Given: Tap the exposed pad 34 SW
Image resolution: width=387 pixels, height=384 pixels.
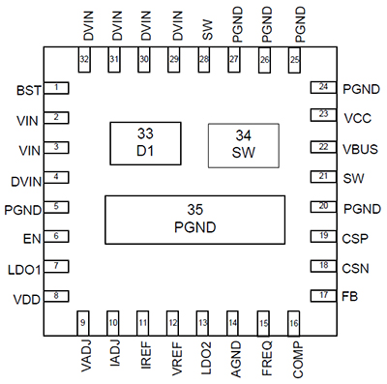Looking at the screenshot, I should pyautogui.click(x=245, y=143).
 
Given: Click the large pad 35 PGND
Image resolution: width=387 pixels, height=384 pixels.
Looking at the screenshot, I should pyautogui.click(x=194, y=220).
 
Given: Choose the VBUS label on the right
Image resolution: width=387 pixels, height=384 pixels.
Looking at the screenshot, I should pyautogui.click(x=361, y=147).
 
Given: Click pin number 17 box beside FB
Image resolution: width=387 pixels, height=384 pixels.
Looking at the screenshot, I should pyautogui.click(x=321, y=295).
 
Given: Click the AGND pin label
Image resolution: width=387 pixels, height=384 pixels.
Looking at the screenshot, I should pyautogui.click(x=233, y=357).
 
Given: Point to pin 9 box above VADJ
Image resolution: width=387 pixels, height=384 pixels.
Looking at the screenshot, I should pyautogui.click(x=83, y=323).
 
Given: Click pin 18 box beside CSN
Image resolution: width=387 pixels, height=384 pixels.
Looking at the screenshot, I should pyautogui.click(x=321, y=265).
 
